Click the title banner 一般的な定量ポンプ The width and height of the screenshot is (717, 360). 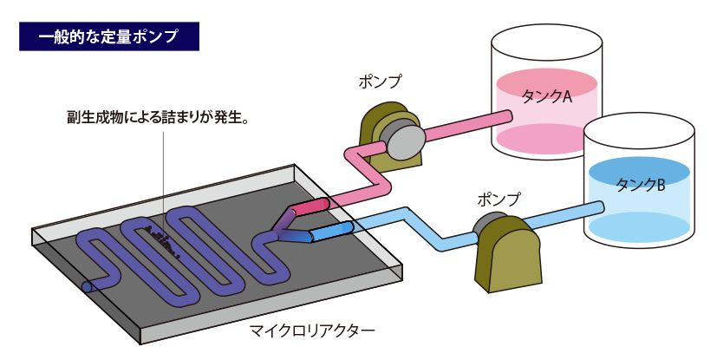click(109, 36)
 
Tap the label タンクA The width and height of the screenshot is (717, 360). click(546, 96)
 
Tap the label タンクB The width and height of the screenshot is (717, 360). click(640, 185)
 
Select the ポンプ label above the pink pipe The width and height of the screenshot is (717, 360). click(380, 82)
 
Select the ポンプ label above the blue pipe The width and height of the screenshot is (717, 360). click(499, 199)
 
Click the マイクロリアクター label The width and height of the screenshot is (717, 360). click(312, 330)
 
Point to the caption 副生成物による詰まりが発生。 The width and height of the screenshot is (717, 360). click(157, 117)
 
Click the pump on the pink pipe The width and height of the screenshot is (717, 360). click(392, 137)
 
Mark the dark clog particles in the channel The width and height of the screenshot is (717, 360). click(163, 241)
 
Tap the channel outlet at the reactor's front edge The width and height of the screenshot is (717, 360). click(87, 287)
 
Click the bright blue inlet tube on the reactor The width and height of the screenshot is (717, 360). click(331, 231)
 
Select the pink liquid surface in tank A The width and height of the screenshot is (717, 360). click(546, 83)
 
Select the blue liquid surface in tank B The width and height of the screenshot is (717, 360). click(639, 173)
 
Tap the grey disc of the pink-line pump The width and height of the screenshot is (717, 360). click(402, 140)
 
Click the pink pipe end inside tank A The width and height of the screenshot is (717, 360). click(507, 116)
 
